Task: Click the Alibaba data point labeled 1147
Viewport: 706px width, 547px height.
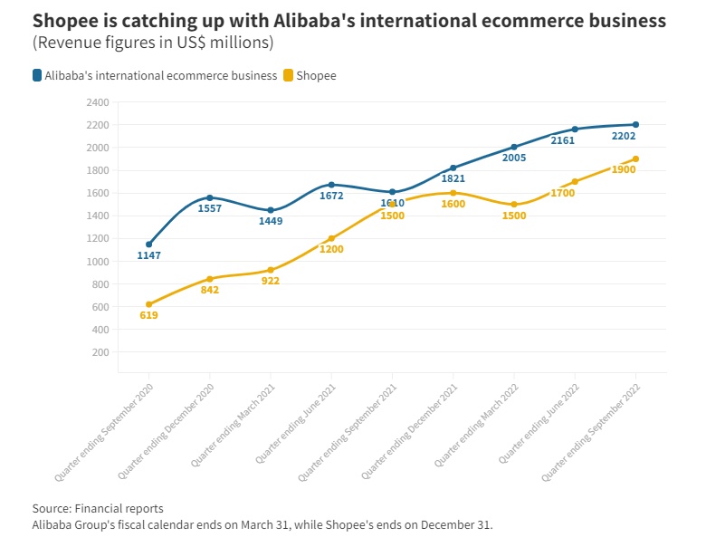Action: point(148,245)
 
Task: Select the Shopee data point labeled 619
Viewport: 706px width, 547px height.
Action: point(148,304)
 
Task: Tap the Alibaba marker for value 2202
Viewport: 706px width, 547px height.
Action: point(635,124)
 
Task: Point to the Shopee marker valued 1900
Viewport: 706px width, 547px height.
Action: point(635,158)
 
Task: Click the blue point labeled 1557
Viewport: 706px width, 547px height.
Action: point(210,197)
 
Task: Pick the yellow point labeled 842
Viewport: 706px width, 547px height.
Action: point(210,279)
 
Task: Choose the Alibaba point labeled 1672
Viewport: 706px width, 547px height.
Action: point(331,185)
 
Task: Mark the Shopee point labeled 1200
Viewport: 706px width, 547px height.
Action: point(331,238)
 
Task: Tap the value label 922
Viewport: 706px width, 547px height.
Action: point(270,281)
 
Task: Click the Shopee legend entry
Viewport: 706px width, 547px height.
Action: point(316,76)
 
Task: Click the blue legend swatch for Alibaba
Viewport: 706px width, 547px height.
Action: point(37,76)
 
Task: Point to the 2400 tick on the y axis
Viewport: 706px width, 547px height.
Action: point(98,102)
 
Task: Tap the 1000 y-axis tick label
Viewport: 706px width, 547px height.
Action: point(98,262)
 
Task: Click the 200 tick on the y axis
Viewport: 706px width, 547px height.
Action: point(100,352)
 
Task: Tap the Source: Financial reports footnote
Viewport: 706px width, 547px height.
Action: point(98,508)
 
